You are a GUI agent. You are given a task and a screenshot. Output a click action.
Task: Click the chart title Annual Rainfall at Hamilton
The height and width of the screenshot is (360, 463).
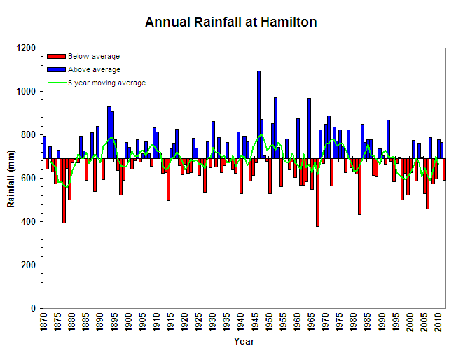pyautogui.click(x=230, y=22)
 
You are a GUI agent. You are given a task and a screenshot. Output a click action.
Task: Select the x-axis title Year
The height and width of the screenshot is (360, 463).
pyautogui.click(x=244, y=342)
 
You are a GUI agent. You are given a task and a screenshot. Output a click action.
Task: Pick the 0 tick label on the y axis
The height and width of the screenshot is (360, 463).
pyautogui.click(x=34, y=309)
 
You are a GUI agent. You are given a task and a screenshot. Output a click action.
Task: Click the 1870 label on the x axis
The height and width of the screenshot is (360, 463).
pyautogui.click(x=44, y=323)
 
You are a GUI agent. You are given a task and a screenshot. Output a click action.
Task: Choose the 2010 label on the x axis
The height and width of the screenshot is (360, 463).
pyautogui.click(x=438, y=323)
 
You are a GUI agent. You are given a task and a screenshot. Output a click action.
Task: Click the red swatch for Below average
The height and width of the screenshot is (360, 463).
pyautogui.click(x=55, y=57)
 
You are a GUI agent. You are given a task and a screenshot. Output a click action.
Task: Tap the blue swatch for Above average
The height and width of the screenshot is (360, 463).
pyautogui.click(x=55, y=70)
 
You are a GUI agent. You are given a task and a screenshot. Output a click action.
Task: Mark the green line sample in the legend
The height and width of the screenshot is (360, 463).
pyautogui.click(x=55, y=83)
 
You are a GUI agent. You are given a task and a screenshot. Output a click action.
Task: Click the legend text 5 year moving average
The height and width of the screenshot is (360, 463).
pyautogui.click(x=106, y=83)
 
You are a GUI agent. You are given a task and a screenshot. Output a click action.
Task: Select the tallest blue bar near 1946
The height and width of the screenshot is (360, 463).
pyautogui.click(x=258, y=112)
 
